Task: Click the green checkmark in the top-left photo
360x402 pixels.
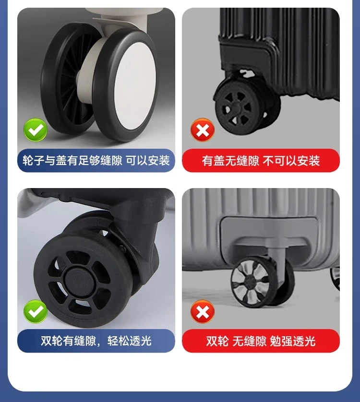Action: click(x=36, y=130)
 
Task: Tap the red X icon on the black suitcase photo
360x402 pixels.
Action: click(x=203, y=130)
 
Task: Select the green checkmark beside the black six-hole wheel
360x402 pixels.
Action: click(x=36, y=311)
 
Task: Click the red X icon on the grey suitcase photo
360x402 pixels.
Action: click(x=203, y=311)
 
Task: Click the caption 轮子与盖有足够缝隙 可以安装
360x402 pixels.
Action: click(x=96, y=161)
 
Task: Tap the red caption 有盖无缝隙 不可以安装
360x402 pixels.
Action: click(x=261, y=161)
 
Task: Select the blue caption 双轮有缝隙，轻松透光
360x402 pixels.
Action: click(x=96, y=341)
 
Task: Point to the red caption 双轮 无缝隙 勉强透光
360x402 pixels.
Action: click(x=261, y=341)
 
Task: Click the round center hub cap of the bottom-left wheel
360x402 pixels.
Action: click(x=79, y=280)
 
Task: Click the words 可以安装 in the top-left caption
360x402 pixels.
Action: click(x=148, y=161)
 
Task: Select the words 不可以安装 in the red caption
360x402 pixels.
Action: click(x=291, y=161)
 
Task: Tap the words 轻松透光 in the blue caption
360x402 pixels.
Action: click(x=130, y=341)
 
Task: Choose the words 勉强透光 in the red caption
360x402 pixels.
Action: click(x=293, y=341)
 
